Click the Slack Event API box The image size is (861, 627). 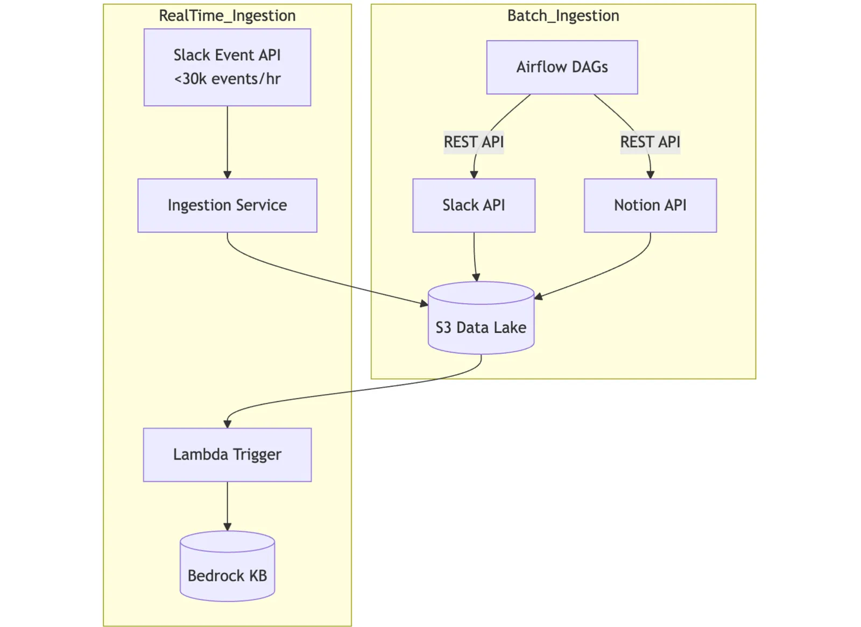tap(227, 67)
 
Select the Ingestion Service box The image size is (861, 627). tap(227, 205)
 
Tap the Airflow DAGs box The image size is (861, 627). tap(562, 67)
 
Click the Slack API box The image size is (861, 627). tap(474, 205)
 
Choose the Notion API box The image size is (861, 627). tap(650, 205)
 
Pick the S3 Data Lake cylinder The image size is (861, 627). tap(481, 318)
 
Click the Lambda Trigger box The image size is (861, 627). tap(227, 454)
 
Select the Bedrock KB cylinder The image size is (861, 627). tap(227, 566)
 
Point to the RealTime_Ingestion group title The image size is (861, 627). tap(227, 16)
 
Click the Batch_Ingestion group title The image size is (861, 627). tap(563, 16)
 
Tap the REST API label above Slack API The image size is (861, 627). tap(474, 142)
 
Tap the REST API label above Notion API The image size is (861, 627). tap(650, 142)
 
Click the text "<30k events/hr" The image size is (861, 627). tap(227, 79)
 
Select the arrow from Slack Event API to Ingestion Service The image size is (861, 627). tap(227, 142)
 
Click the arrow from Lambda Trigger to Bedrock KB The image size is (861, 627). tap(227, 507)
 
